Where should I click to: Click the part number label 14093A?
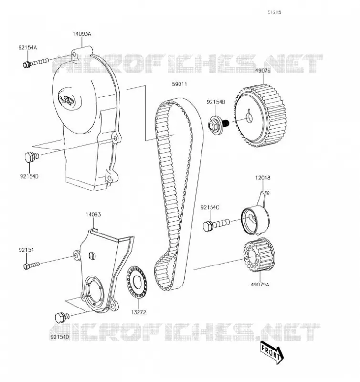coord(82,34)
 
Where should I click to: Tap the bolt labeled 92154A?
coord(36,63)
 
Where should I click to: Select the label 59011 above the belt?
coord(180,84)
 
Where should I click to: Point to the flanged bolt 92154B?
coord(218,125)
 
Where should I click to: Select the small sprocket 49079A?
coord(259,255)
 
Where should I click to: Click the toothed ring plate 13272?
coord(137,282)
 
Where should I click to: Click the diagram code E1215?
coord(274,12)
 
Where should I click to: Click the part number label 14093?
coord(93,214)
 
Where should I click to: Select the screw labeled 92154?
coord(32,265)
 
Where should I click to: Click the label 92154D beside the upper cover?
coord(29,176)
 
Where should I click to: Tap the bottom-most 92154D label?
coord(60,337)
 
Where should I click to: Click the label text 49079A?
coord(260,284)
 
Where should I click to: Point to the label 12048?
coord(263,178)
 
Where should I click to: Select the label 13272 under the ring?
coord(138,312)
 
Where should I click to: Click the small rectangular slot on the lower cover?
coord(92,255)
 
